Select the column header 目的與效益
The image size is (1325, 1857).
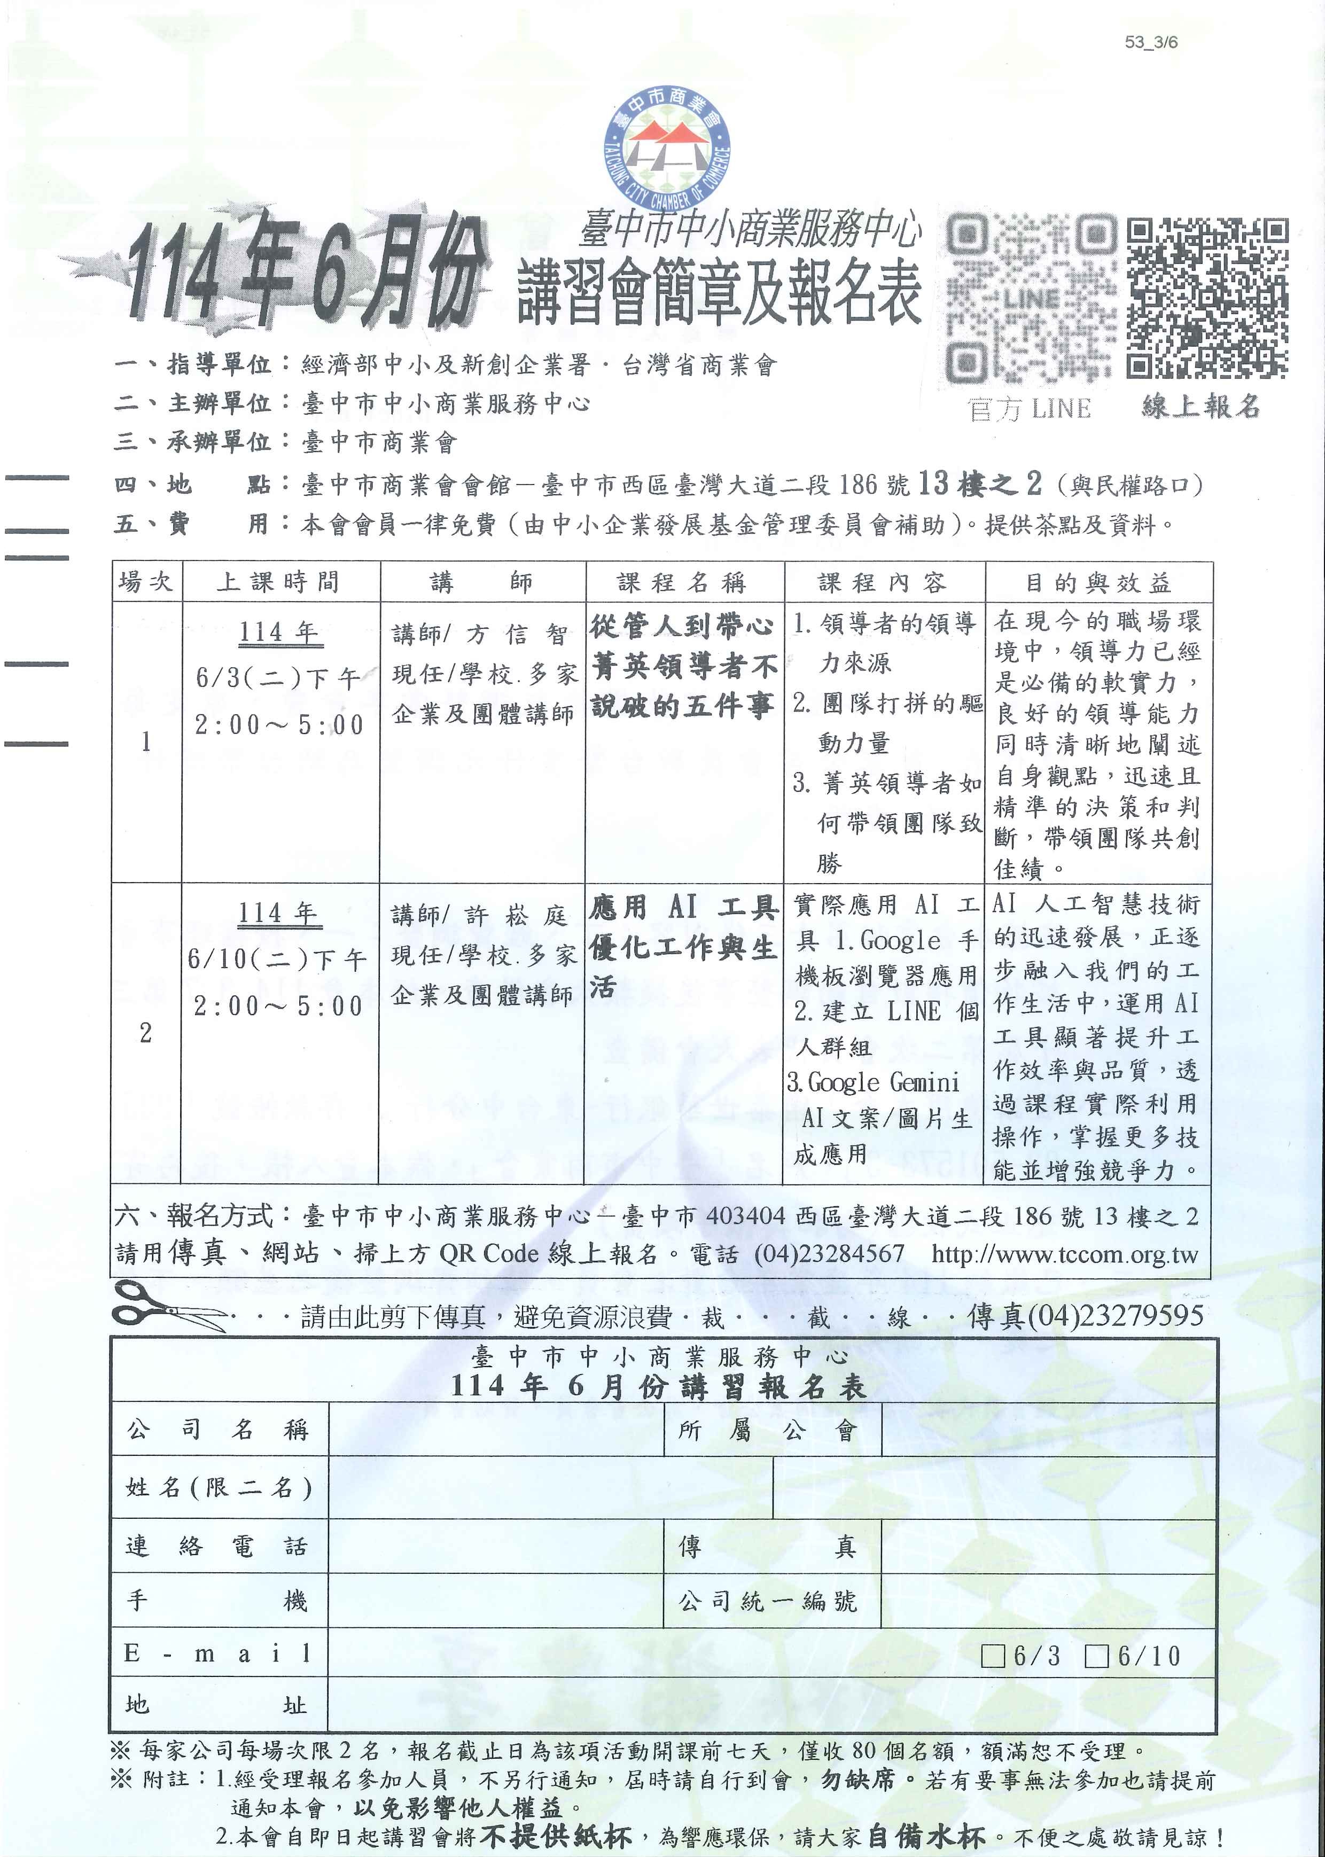coord(1098,582)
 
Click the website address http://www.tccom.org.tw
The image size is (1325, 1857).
coord(1065,1254)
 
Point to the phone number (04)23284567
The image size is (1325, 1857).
coord(829,1254)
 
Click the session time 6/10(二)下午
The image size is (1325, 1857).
coord(277,959)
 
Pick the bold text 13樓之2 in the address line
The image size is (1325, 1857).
coord(980,485)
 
